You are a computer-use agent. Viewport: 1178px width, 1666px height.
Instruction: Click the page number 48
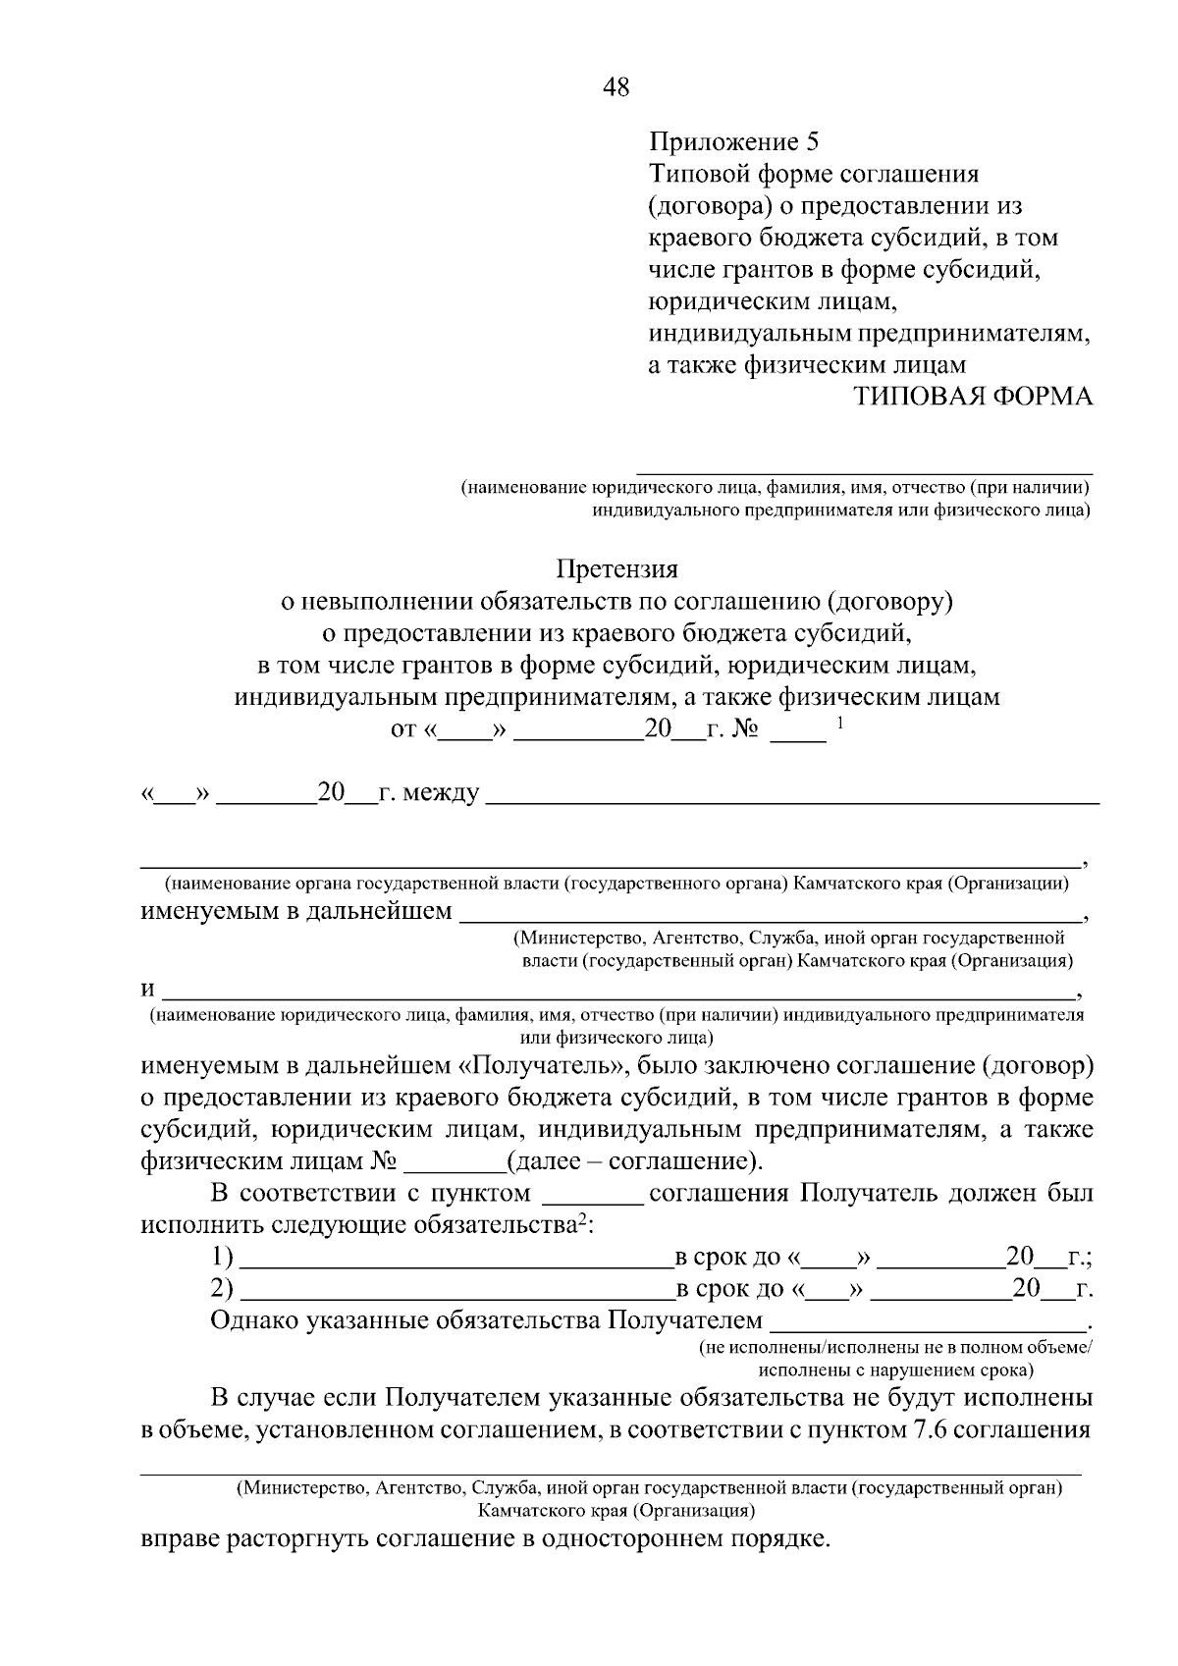(616, 87)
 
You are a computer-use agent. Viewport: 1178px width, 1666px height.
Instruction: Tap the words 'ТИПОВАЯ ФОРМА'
(972, 396)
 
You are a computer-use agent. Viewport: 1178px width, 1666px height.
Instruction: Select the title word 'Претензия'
(616, 568)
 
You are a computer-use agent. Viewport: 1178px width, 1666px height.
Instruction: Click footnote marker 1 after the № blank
(840, 724)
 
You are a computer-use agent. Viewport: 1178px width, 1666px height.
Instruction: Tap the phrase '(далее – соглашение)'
(633, 1161)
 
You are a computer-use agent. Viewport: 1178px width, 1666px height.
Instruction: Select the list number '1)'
(223, 1258)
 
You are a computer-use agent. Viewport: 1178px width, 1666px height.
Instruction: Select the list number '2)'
(223, 1289)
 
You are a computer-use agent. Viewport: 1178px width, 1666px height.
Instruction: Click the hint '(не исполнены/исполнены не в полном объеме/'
(894, 1348)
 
